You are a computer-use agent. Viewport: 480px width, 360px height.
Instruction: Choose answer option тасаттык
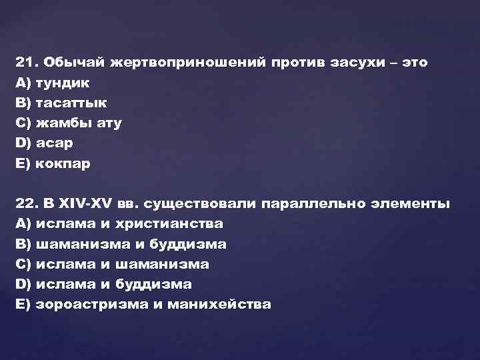pyautogui.click(x=71, y=103)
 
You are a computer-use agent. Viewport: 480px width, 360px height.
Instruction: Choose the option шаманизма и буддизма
pyautogui.click(x=131, y=244)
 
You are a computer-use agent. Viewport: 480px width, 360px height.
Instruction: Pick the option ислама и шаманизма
pyautogui.click(x=123, y=264)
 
